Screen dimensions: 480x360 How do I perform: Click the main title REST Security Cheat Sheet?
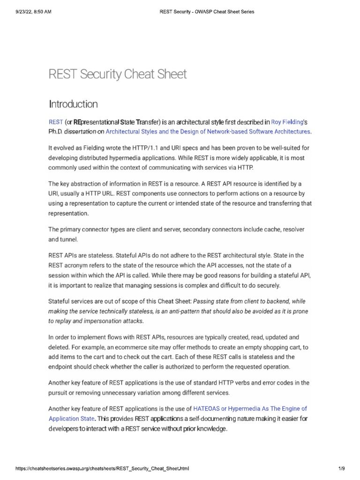118,74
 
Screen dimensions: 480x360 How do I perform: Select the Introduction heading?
74,104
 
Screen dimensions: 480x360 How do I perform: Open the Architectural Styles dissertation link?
208,132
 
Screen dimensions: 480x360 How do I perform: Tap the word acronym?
76,265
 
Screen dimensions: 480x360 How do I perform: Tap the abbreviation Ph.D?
56,132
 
